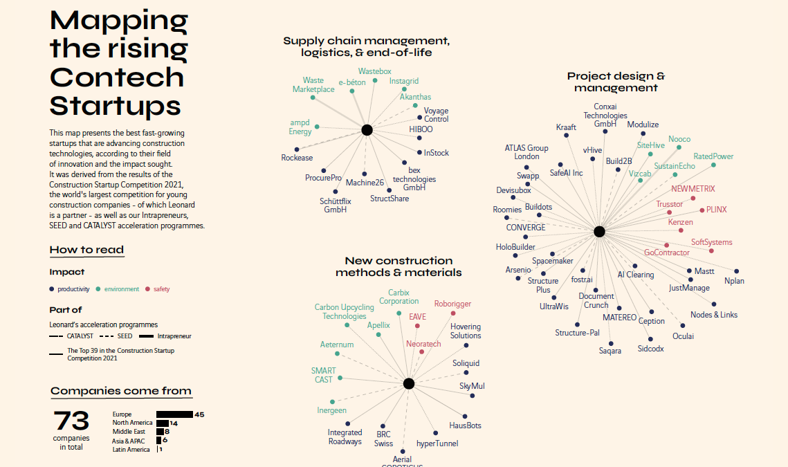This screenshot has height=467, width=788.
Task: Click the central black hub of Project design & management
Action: (x=599, y=232)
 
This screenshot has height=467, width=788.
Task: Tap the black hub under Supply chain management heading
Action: (x=367, y=129)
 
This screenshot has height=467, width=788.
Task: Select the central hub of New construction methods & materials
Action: (x=408, y=383)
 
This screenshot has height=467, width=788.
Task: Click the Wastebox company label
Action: (x=374, y=71)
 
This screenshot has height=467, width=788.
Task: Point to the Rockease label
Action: (x=297, y=158)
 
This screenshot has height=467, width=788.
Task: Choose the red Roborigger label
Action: (x=452, y=304)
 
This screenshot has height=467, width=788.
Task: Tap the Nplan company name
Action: (x=734, y=281)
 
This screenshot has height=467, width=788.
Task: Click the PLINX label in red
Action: (x=716, y=210)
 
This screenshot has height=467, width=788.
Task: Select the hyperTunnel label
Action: (x=437, y=443)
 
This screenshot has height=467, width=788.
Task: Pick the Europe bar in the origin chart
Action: (x=174, y=414)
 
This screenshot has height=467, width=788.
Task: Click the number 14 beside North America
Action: (x=174, y=423)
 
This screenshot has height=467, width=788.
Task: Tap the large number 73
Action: (x=71, y=421)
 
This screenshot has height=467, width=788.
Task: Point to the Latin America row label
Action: (x=131, y=450)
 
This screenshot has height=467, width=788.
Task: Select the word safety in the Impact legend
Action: (x=161, y=289)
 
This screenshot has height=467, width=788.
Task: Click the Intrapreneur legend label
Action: (x=174, y=336)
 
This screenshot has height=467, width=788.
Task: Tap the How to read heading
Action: (x=86, y=250)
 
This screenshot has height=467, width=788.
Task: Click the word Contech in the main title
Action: (x=117, y=77)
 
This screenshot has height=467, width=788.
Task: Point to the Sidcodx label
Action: (x=650, y=349)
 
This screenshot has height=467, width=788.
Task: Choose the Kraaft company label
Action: (x=566, y=127)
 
